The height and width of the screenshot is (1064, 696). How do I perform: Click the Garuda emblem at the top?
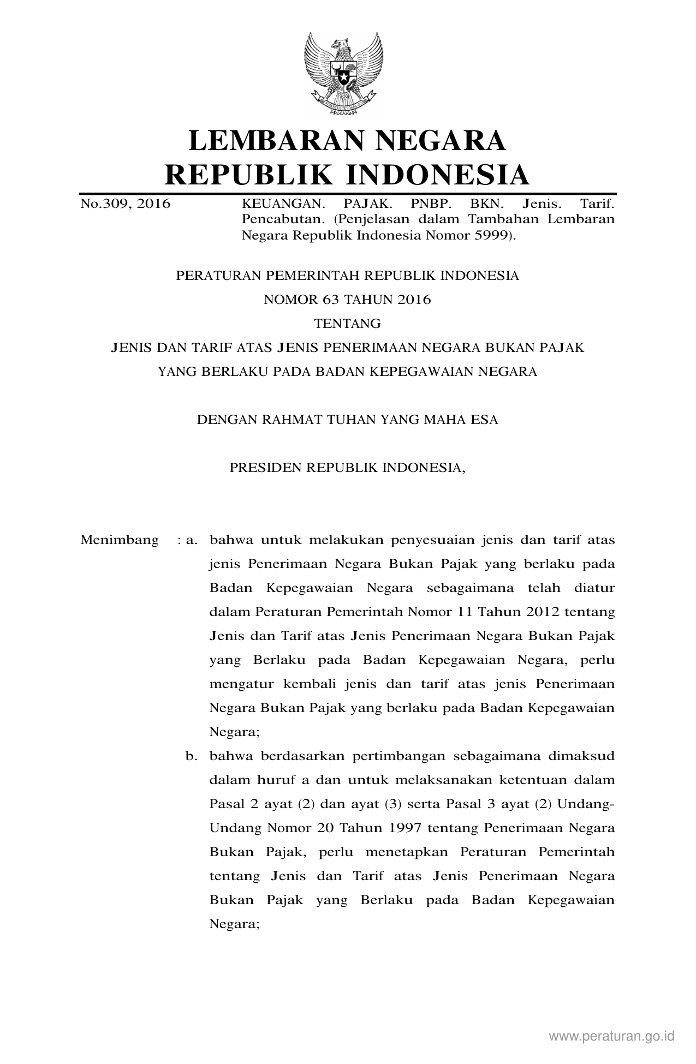343,73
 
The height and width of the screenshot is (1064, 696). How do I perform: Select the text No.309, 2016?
125,204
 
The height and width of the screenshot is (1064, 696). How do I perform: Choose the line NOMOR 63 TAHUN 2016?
347,300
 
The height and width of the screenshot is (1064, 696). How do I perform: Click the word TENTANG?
347,324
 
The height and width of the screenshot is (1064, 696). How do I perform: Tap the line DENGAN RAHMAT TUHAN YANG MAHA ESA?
347,420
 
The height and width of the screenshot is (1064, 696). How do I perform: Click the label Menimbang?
120,540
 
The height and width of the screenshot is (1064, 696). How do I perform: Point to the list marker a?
191,540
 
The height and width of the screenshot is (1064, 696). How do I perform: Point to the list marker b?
191,756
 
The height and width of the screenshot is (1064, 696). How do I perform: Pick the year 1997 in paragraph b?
405,828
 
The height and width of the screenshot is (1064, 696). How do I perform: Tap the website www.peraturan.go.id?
612,1036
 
